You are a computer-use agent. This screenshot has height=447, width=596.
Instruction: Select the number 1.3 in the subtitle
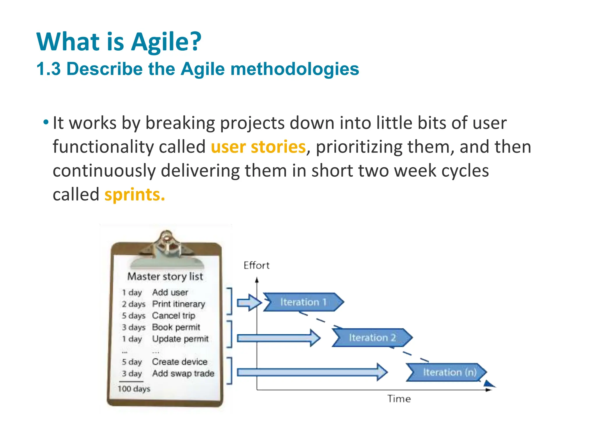pyautogui.click(x=49, y=69)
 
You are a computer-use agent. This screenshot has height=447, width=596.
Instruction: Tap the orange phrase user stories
pyautogui.click(x=258, y=147)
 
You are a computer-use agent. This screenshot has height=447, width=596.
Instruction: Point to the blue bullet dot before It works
pyautogui.click(x=46, y=122)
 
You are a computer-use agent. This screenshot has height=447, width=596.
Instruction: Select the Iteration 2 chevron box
pyautogui.click(x=372, y=338)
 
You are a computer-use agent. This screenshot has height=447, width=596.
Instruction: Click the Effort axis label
pyautogui.click(x=256, y=265)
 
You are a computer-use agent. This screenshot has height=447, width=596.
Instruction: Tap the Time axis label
pyautogui.click(x=399, y=399)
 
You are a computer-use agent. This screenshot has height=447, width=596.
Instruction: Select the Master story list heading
pyautogui.click(x=165, y=276)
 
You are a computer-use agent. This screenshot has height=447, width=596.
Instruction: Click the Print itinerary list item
pyautogui.click(x=179, y=304)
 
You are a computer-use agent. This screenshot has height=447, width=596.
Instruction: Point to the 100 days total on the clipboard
pyautogui.click(x=134, y=389)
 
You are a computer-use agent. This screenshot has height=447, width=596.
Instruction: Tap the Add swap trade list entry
pyautogui.click(x=183, y=373)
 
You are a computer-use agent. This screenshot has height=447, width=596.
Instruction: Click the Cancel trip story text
pyautogui.click(x=173, y=315)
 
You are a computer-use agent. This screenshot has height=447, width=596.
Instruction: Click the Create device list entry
pyautogui.click(x=180, y=362)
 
